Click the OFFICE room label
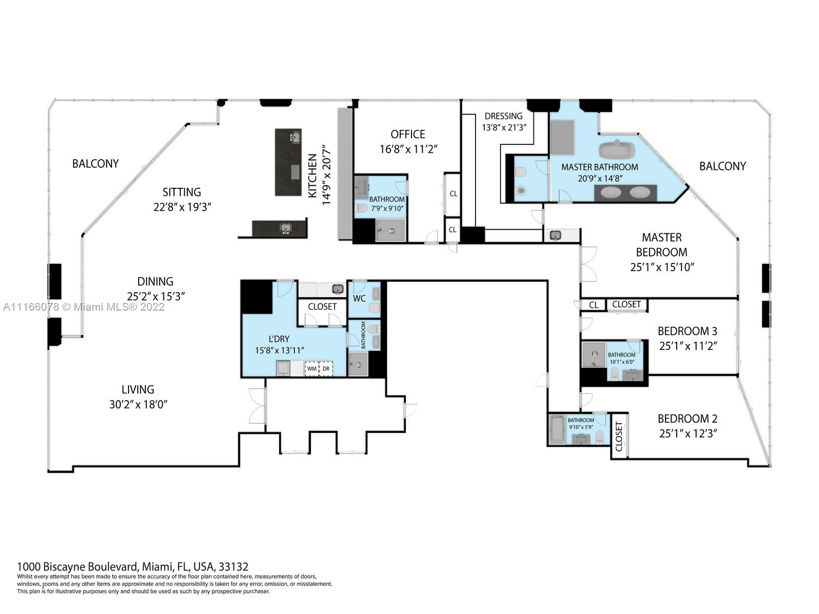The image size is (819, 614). (407, 134)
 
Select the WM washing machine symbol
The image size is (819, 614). (311, 368)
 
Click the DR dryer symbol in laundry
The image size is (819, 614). (326, 368)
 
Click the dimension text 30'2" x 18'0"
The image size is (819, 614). (138, 404)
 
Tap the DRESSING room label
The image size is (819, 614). (504, 116)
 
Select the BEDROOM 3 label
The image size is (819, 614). (687, 331)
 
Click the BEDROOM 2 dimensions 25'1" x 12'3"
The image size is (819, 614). (687, 433)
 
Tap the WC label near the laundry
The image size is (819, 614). (359, 298)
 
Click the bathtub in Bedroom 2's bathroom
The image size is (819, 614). (556, 429)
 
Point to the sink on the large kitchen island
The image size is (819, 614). (295, 137)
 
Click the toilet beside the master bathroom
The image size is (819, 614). (521, 190)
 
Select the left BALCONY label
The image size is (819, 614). (95, 164)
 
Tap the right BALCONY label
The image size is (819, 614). (722, 166)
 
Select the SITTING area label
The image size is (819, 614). (182, 192)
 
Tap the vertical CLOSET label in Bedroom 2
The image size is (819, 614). (619, 436)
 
